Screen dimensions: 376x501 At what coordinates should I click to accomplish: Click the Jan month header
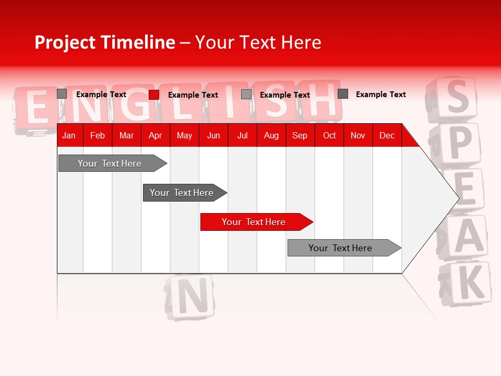pyautogui.click(x=69, y=135)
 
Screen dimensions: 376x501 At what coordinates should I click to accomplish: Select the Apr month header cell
pyautogui.click(x=155, y=135)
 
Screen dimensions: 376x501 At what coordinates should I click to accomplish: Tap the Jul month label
pyautogui.click(x=242, y=135)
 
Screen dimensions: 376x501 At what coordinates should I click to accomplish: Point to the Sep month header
pyautogui.click(x=300, y=135)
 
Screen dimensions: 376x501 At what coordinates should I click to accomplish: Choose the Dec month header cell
pyautogui.click(x=387, y=135)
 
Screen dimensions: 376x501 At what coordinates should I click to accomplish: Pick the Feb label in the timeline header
pyautogui.click(x=98, y=135)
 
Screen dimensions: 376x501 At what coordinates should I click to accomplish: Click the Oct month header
pyautogui.click(x=329, y=135)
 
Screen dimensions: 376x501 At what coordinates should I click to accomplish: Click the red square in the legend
pyautogui.click(x=154, y=95)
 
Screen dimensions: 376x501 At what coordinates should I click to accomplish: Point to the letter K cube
pyautogui.click(x=466, y=283)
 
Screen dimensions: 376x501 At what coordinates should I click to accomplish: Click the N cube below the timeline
pyautogui.click(x=190, y=297)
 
